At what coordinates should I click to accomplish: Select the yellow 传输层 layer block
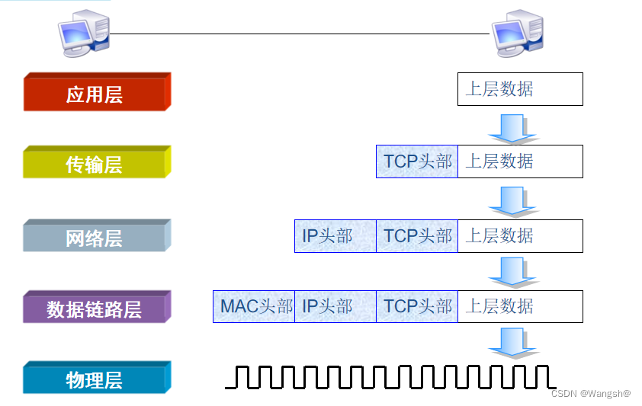pos(95,164)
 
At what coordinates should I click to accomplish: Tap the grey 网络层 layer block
pos(95,238)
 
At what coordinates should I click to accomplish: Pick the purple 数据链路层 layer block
pos(95,308)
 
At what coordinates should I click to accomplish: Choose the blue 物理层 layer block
pos(95,379)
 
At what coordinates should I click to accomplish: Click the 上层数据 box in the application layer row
pos(520,89)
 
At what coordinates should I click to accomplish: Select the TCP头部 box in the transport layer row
pos(417,161)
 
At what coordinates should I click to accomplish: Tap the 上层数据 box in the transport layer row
pos(520,161)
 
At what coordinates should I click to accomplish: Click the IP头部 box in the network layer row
pos(335,236)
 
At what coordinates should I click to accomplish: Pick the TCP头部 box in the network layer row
pos(417,236)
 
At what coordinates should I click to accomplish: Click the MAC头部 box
pos(254,306)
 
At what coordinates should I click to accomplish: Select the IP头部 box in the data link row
pos(335,306)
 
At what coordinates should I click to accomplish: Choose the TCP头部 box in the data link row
pos(417,306)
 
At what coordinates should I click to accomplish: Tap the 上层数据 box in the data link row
pos(520,306)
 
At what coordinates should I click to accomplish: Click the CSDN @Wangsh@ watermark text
pos(590,393)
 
